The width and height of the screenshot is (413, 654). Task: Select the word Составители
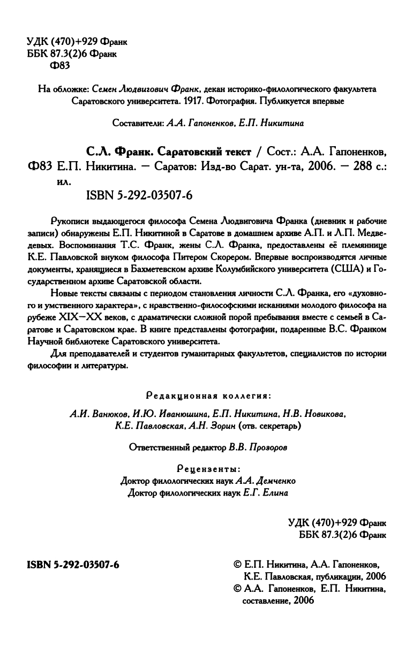coord(138,123)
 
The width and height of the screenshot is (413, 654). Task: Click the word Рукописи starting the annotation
coord(66,221)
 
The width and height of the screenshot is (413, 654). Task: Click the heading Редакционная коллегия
coord(208,397)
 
